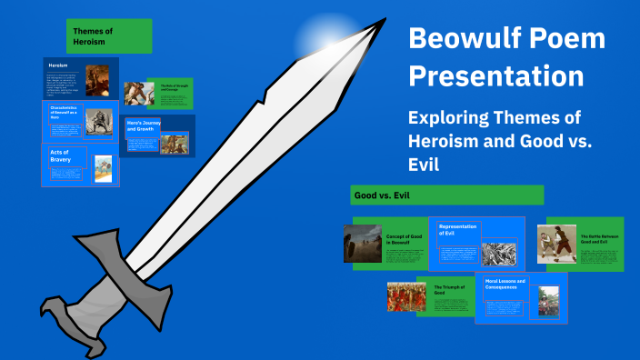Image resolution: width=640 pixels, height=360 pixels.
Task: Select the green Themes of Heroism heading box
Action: pos(108,35)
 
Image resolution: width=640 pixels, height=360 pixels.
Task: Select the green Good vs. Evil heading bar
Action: pos(446,195)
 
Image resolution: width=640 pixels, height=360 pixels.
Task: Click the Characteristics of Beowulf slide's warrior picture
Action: pos(98,122)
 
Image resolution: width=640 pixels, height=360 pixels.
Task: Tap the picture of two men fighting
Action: pos(556,243)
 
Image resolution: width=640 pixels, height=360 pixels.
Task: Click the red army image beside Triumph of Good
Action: pos(405,296)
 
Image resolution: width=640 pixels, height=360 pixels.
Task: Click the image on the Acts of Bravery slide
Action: pos(104,168)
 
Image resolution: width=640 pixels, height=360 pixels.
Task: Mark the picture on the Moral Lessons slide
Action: pos(548,300)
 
